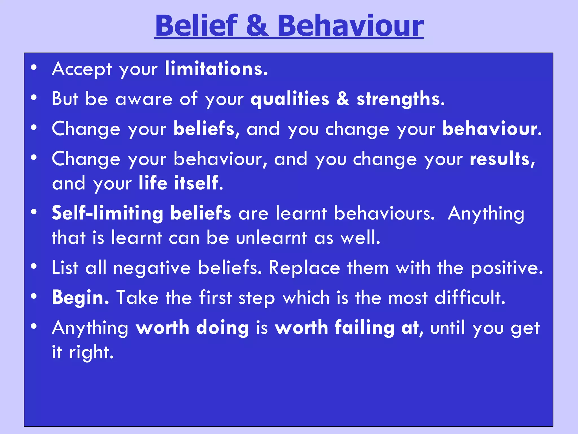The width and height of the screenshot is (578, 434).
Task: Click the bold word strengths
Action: pyautogui.click(x=400, y=99)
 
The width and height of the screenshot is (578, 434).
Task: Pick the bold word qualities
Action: pyautogui.click(x=290, y=99)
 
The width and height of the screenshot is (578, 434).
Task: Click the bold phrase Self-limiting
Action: pyautogui.click(x=108, y=213)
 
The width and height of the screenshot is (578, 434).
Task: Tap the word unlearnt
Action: pyautogui.click(x=271, y=237)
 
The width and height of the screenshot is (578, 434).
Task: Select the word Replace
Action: pyautogui.click(x=304, y=268)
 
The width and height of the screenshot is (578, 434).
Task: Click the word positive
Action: pyautogui.click(x=507, y=268)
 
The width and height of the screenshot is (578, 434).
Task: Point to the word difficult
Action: pyautogui.click(x=470, y=298)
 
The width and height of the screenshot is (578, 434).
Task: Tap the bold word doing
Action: pyautogui.click(x=222, y=328)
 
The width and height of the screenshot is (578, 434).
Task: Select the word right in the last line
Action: pyautogui.click(x=91, y=352)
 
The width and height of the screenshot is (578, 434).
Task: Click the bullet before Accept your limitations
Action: pyautogui.click(x=34, y=68)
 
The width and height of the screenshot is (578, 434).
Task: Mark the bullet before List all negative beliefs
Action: pyautogui.click(x=34, y=266)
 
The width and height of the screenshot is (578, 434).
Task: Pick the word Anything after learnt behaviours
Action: pyautogui.click(x=486, y=213)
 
